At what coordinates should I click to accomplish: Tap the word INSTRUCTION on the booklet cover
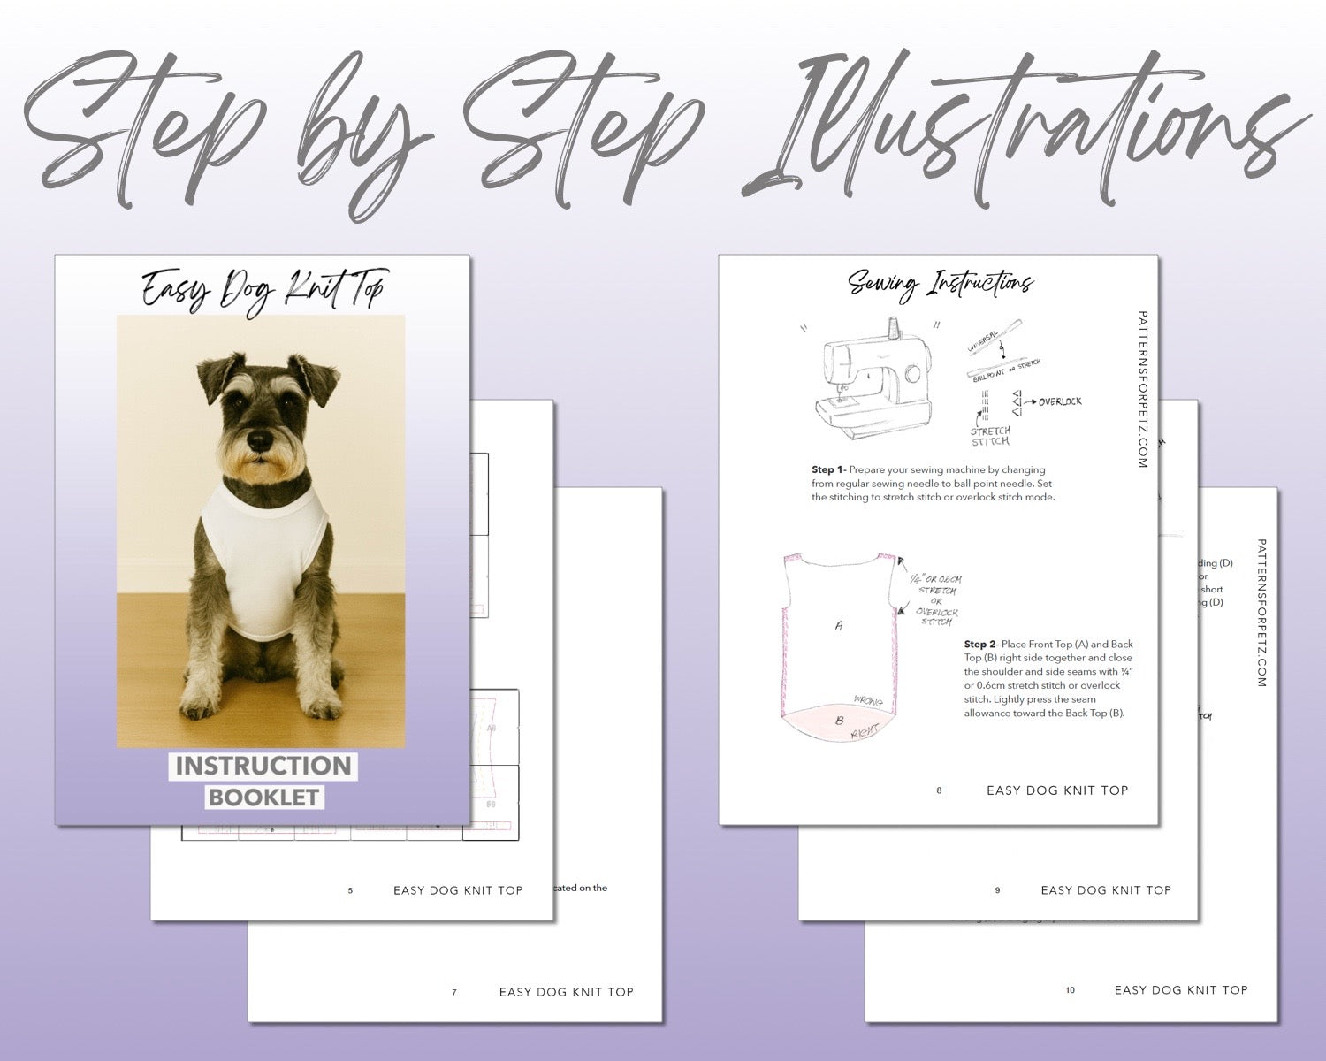[263, 766]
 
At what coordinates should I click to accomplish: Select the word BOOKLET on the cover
[263, 797]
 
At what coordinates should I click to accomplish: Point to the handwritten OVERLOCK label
[1059, 401]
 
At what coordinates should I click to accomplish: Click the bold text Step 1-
[828, 469]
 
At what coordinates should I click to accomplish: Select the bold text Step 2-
[980, 644]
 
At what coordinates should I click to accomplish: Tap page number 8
[939, 790]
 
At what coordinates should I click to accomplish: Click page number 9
[997, 890]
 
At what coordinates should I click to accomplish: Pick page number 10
[1070, 990]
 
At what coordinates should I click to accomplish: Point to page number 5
[350, 890]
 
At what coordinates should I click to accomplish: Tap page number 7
[454, 992]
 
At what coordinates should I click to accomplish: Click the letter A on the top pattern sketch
[839, 625]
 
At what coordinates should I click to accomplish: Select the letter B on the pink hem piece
[840, 721]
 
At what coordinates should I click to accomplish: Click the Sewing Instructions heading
[939, 285]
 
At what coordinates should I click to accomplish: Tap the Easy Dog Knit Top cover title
[263, 289]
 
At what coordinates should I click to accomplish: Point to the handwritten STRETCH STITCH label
[990, 436]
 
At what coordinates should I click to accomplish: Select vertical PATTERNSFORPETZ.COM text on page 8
[1143, 389]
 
